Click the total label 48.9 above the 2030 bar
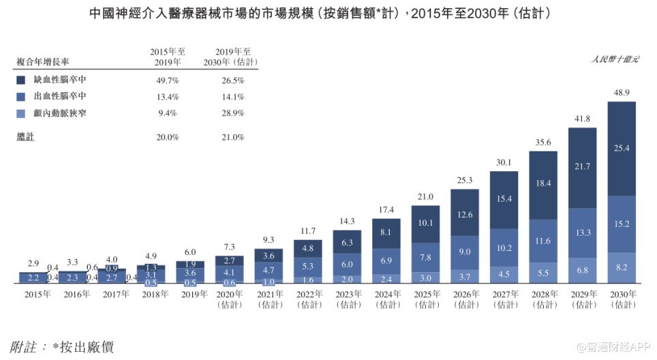(622, 92)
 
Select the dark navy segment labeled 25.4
(622, 149)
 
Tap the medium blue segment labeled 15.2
(622, 224)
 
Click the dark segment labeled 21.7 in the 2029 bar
(582, 167)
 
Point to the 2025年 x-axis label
(425, 295)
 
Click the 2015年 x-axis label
(38, 295)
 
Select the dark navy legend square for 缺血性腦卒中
(20, 80)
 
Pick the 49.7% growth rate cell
(166, 80)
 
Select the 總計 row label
(25, 137)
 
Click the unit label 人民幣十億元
(615, 60)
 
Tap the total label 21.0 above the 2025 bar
(425, 197)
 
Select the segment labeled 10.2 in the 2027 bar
(504, 247)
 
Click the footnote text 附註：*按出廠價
(61, 346)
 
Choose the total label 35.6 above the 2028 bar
(543, 142)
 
